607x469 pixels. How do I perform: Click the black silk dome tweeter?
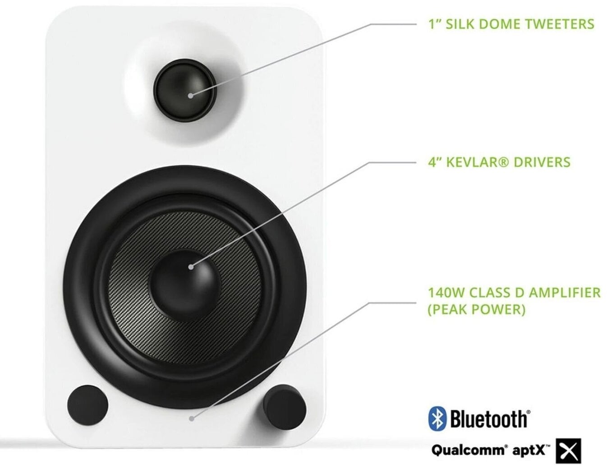pyautogui.click(x=185, y=90)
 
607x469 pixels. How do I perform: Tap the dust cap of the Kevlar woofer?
pyautogui.click(x=185, y=286)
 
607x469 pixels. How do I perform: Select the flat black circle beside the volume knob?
pyautogui.click(x=87, y=405)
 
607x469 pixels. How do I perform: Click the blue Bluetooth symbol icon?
pyautogui.click(x=437, y=418)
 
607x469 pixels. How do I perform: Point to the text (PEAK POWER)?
pyautogui.click(x=477, y=310)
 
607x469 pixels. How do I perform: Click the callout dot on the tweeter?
pyautogui.click(x=190, y=96)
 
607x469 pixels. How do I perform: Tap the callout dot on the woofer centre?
pyautogui.click(x=191, y=267)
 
